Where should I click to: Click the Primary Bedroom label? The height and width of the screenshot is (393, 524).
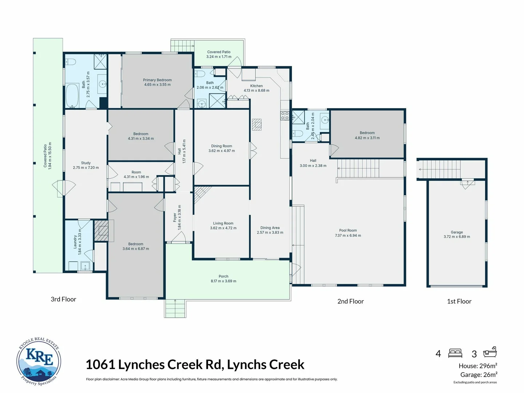157,80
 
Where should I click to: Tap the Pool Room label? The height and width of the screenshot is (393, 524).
348,230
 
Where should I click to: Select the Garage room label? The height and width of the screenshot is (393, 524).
457,232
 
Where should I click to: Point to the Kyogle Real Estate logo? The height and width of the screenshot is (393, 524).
39,361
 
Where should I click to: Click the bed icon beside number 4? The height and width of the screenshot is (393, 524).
455,353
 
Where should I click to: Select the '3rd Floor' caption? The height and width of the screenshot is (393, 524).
63,299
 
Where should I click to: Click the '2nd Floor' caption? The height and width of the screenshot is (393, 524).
350,301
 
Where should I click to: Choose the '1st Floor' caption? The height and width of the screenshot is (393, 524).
459,301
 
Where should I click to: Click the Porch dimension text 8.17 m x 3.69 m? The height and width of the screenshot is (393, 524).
223,281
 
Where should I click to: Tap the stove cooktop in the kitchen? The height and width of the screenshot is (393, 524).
285,116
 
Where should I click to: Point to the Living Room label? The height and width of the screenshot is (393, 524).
223,223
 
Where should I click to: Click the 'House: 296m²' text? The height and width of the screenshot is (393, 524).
478,366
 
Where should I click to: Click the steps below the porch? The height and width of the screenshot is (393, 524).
175,309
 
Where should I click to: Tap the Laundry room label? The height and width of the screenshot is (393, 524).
75,242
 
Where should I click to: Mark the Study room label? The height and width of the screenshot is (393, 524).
86,163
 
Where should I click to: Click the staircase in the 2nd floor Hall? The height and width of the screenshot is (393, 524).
358,168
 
